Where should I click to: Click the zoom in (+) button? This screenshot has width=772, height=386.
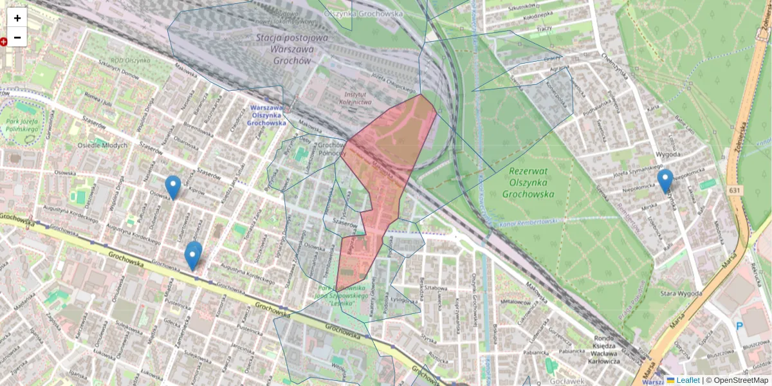(17, 18)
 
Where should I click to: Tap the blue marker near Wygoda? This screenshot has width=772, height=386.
(665, 181)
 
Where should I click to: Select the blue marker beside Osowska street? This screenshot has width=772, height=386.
(172, 187)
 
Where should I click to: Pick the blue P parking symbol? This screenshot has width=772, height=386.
(740, 327)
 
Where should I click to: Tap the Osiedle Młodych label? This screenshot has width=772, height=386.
(102, 145)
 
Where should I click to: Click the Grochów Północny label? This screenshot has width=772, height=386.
(332, 150)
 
